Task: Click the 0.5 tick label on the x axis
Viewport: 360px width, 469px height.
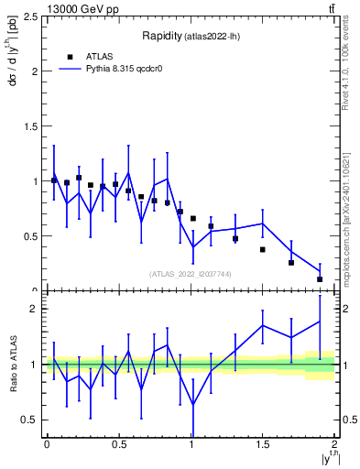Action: [x=118, y=443]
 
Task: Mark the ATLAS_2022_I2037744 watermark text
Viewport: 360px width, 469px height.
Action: [x=189, y=274]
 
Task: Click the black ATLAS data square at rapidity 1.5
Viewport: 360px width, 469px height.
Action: [x=262, y=249]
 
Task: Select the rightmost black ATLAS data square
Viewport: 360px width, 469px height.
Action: [x=320, y=278]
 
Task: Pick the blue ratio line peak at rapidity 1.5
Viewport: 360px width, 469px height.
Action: [x=263, y=325]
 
